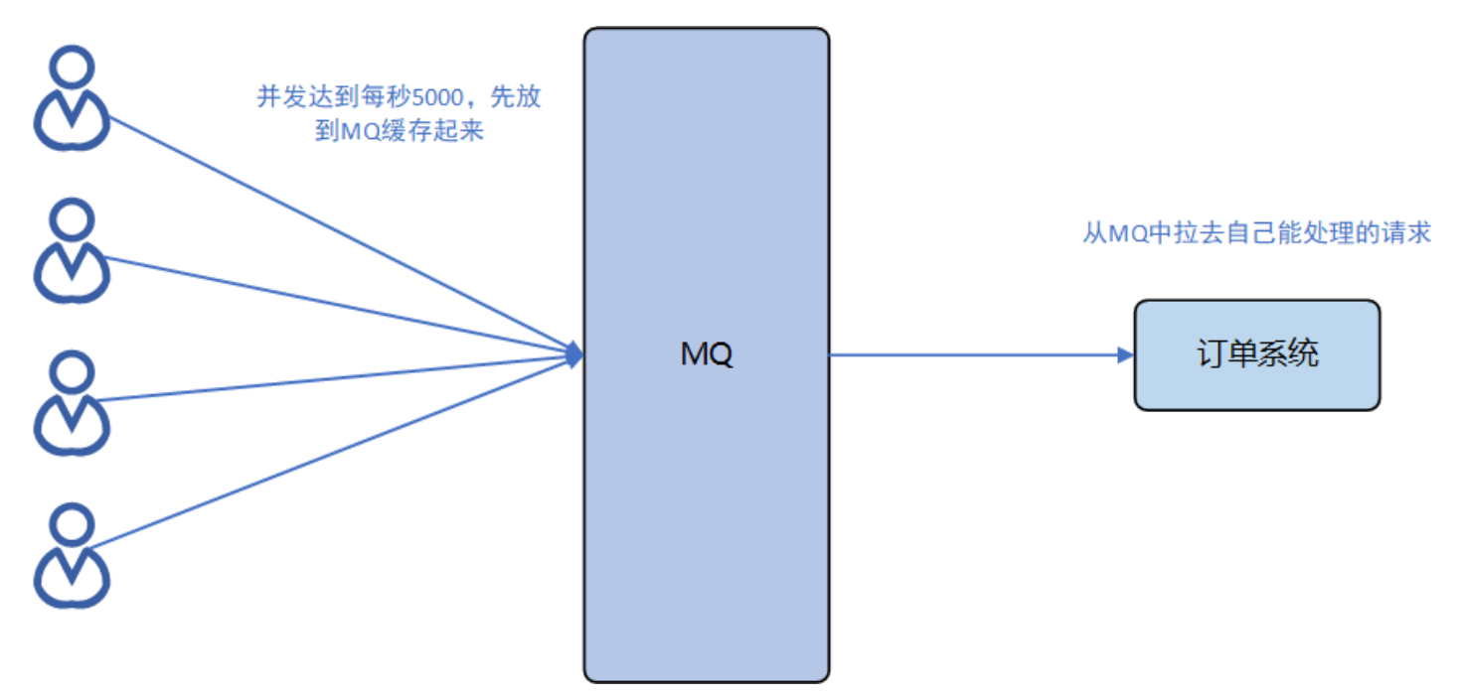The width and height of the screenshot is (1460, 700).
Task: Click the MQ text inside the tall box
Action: (x=707, y=354)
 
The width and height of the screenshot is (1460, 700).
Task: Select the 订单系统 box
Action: (x=1256, y=354)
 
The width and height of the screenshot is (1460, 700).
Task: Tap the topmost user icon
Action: (x=72, y=99)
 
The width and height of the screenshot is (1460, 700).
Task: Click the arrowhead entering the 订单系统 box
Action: (x=1125, y=354)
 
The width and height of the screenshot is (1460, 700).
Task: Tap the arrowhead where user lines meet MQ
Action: (x=573, y=354)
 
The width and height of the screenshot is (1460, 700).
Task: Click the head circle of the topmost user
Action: (x=72, y=68)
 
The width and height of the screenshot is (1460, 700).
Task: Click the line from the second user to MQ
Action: (x=338, y=305)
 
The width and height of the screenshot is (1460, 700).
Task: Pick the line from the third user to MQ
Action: (x=338, y=377)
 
